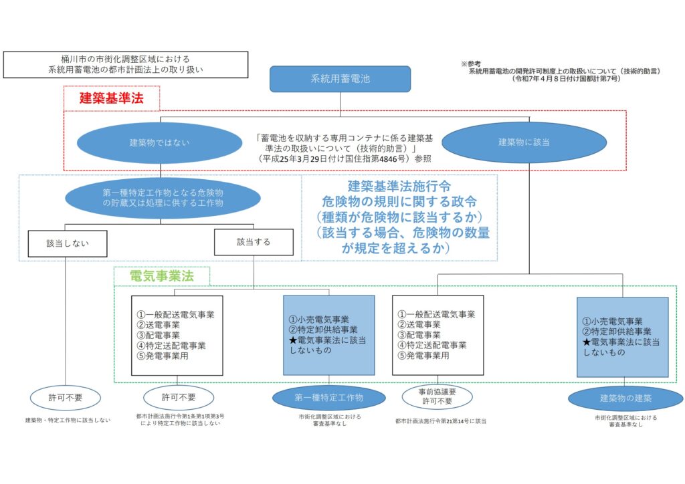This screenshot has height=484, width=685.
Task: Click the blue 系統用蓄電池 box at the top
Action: tap(340, 79)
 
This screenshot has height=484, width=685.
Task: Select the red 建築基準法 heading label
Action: tap(112, 98)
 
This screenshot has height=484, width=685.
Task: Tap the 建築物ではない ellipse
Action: tap(159, 142)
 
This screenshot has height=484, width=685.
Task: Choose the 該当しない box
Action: tap(68, 243)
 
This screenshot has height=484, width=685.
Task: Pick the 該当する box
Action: tap(254, 242)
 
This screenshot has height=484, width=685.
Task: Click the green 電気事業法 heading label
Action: tap(161, 275)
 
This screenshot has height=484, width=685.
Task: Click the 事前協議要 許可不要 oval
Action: tap(432, 397)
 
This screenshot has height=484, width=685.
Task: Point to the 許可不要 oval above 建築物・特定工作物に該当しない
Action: tap(66, 398)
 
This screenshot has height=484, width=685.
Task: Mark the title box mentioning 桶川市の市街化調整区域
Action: tap(125, 64)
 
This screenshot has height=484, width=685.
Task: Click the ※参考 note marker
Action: tap(470, 64)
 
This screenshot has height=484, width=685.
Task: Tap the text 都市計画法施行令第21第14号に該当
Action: tap(441, 421)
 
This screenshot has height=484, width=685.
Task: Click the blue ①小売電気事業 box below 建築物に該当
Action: tap(622, 337)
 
